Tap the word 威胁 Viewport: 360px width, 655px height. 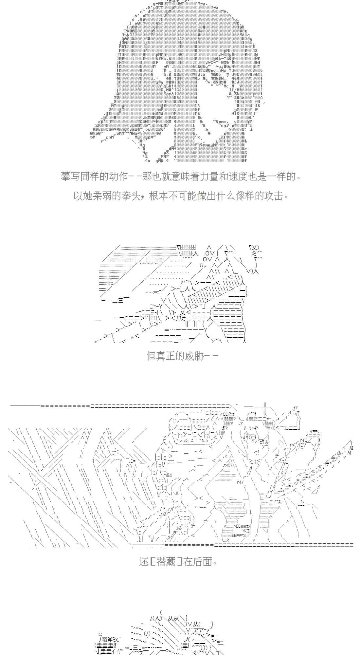tap(194, 356)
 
